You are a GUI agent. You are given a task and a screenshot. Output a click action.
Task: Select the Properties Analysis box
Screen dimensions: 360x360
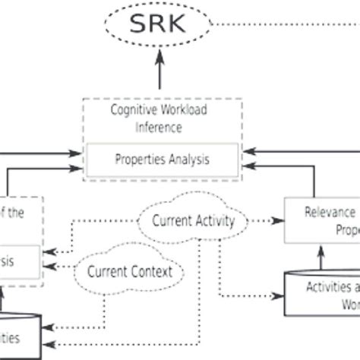(162, 160)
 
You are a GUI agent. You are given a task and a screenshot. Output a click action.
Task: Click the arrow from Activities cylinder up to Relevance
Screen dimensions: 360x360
(320, 257)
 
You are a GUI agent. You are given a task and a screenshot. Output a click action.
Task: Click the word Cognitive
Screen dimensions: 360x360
(136, 111)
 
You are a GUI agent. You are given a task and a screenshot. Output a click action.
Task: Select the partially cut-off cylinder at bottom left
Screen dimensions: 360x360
(19, 334)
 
